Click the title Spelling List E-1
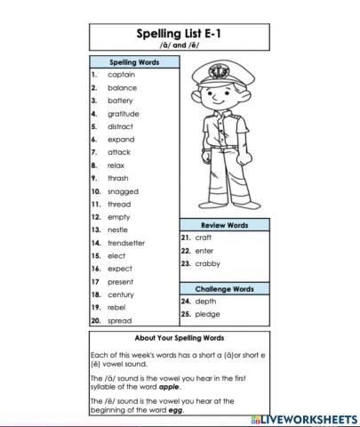point(179,33)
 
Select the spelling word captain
point(122,75)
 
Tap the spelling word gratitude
point(124,113)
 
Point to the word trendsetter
point(126,242)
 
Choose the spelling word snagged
point(123,190)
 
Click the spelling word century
point(121,294)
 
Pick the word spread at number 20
point(120,319)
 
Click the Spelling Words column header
point(133,62)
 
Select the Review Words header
point(224,225)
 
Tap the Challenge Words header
point(224,289)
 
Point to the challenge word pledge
point(207,314)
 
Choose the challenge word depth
point(206,302)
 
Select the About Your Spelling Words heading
point(179,339)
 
